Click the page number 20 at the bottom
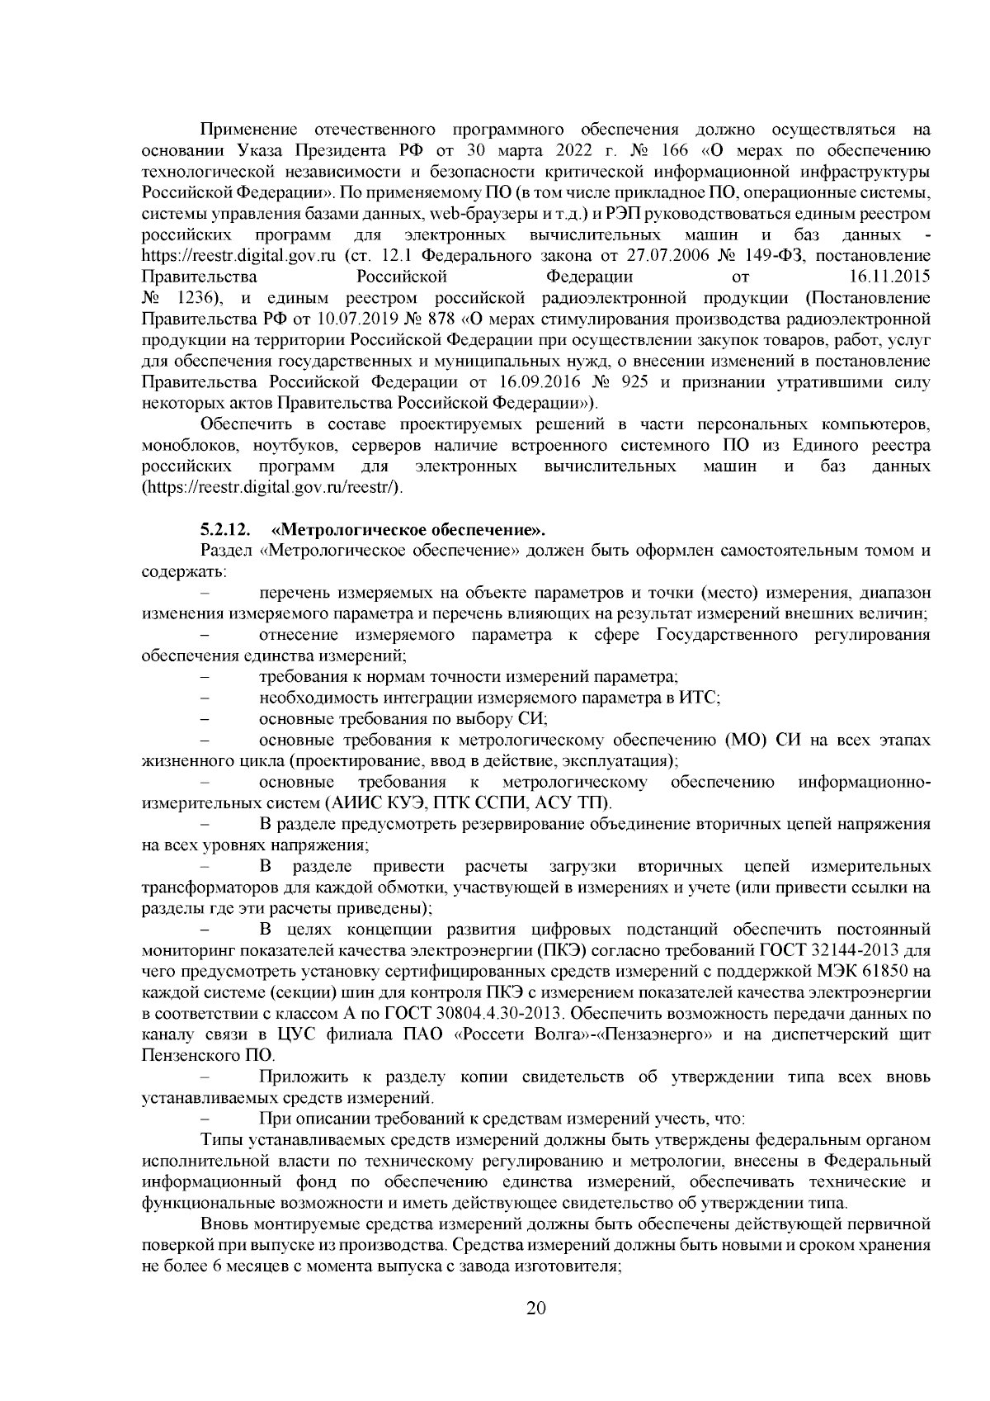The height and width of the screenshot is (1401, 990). pyautogui.click(x=536, y=1308)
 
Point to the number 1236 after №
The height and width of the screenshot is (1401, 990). pyautogui.click(x=195, y=297)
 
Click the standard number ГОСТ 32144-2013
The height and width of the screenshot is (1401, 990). pyautogui.click(x=854, y=949)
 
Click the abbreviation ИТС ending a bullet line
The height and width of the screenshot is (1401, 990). pyautogui.click(x=700, y=698)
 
